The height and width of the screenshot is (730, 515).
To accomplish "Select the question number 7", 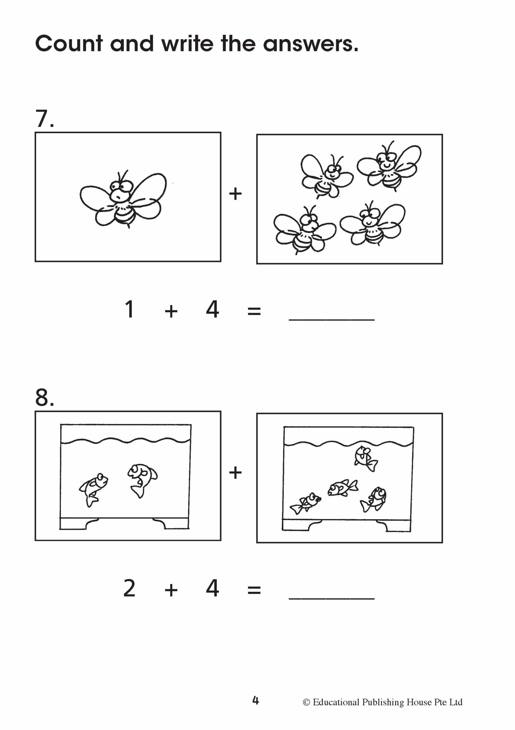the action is point(44,119).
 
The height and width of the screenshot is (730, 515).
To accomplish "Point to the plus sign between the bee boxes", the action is point(235,194).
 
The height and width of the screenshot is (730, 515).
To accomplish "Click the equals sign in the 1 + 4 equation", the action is point(254,311).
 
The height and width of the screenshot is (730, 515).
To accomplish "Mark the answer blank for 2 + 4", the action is point(332,598).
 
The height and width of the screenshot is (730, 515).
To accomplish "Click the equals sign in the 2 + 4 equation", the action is point(254,591).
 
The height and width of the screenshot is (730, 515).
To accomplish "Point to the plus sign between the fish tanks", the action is point(235,473).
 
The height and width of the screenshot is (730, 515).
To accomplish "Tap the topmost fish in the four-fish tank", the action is point(366,459).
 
